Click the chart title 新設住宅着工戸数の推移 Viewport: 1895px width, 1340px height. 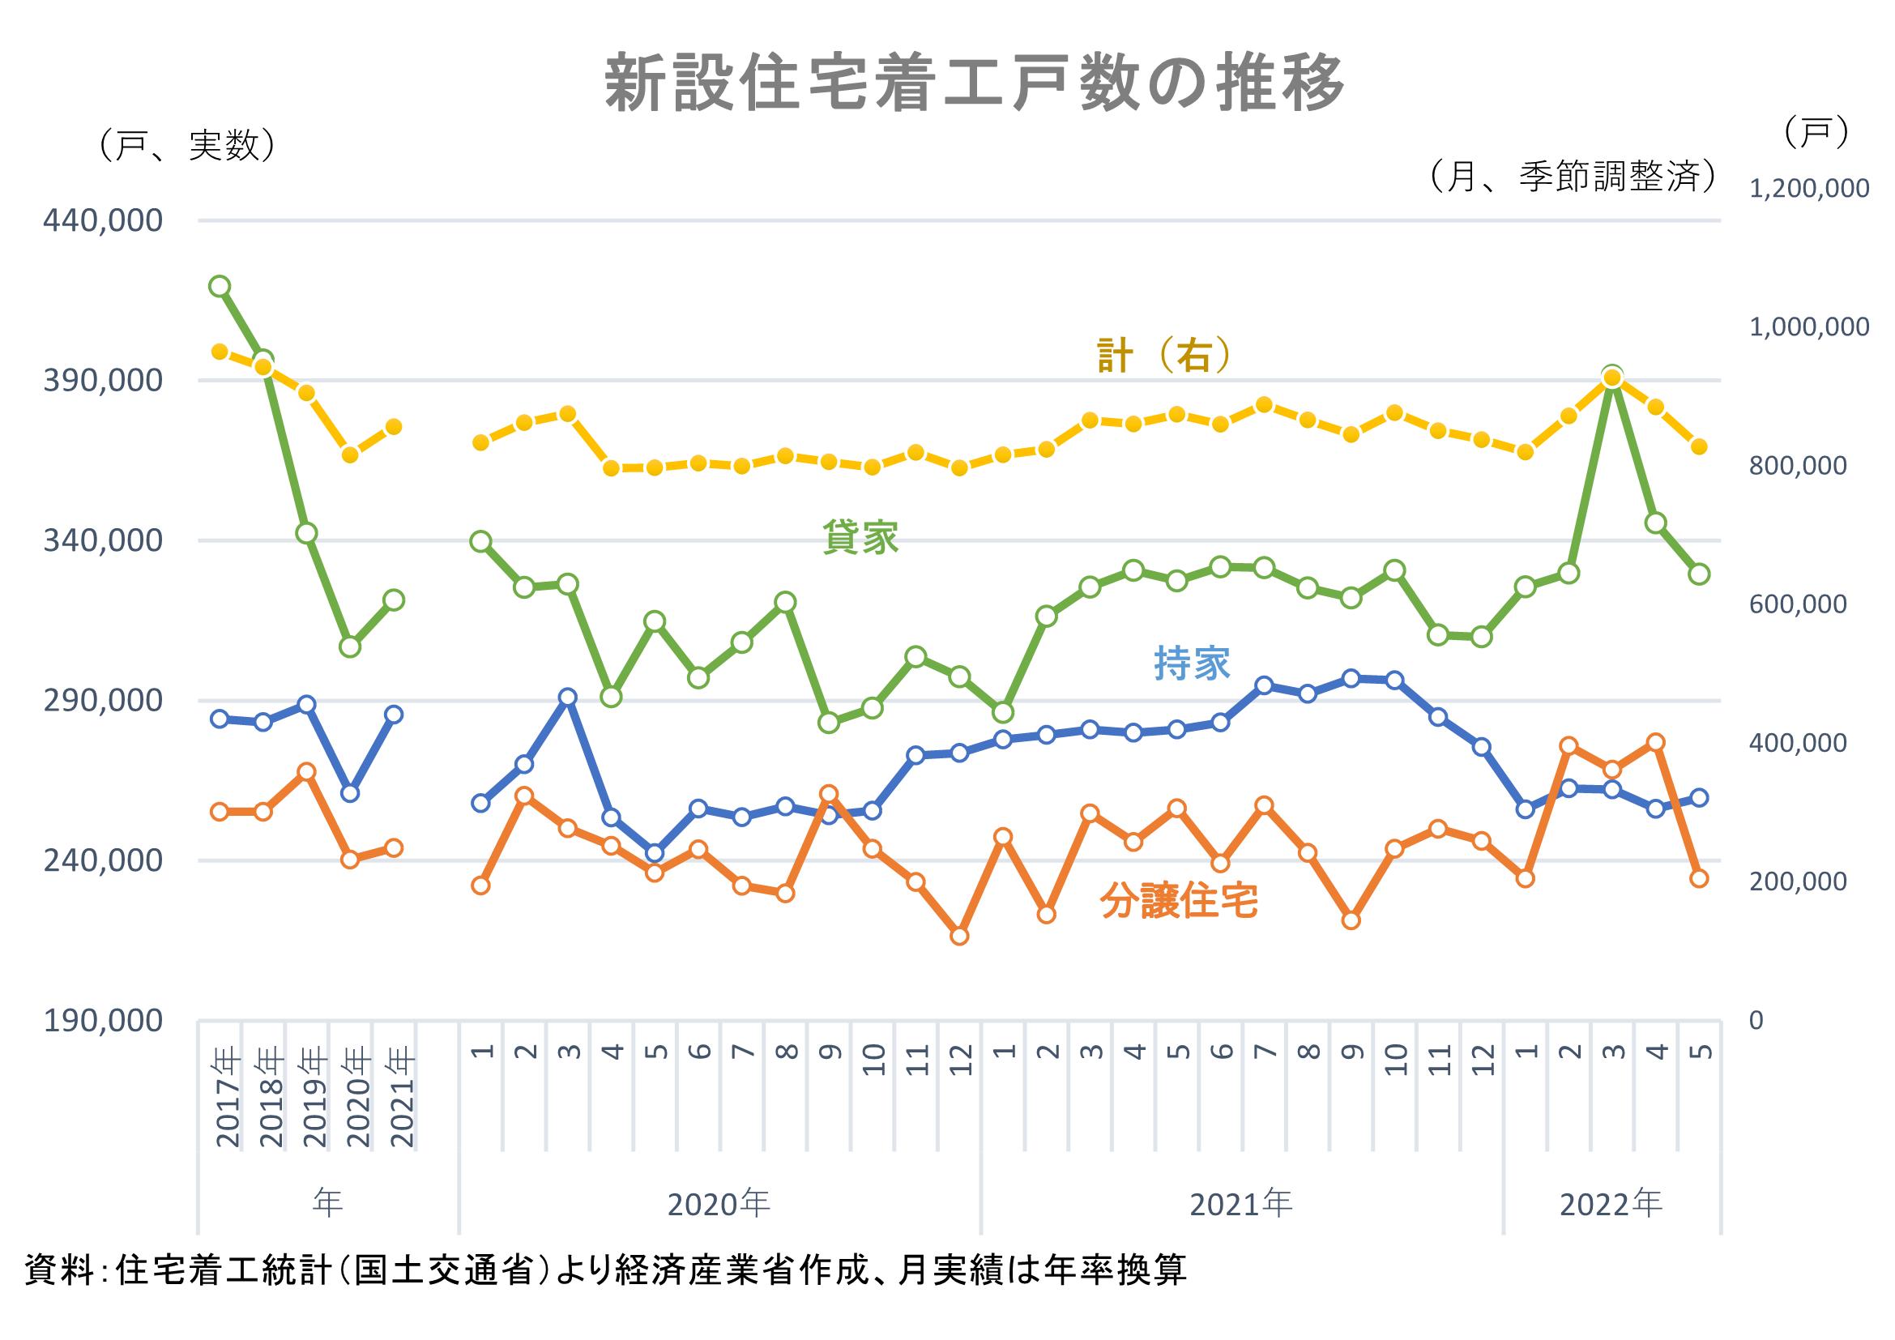[975, 83]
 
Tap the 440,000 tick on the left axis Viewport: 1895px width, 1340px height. [103, 221]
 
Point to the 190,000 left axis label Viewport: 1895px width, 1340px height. [103, 1021]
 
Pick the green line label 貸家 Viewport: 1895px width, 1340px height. [860, 538]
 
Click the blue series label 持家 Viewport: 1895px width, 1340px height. [1192, 664]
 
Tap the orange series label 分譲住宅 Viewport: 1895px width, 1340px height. [1179, 902]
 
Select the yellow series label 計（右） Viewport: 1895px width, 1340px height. [1163, 356]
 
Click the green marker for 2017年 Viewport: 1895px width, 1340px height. [220, 286]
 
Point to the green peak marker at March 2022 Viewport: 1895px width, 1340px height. [1613, 373]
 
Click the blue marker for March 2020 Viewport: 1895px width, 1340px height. [568, 698]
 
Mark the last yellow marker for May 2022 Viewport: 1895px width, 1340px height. [1700, 446]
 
